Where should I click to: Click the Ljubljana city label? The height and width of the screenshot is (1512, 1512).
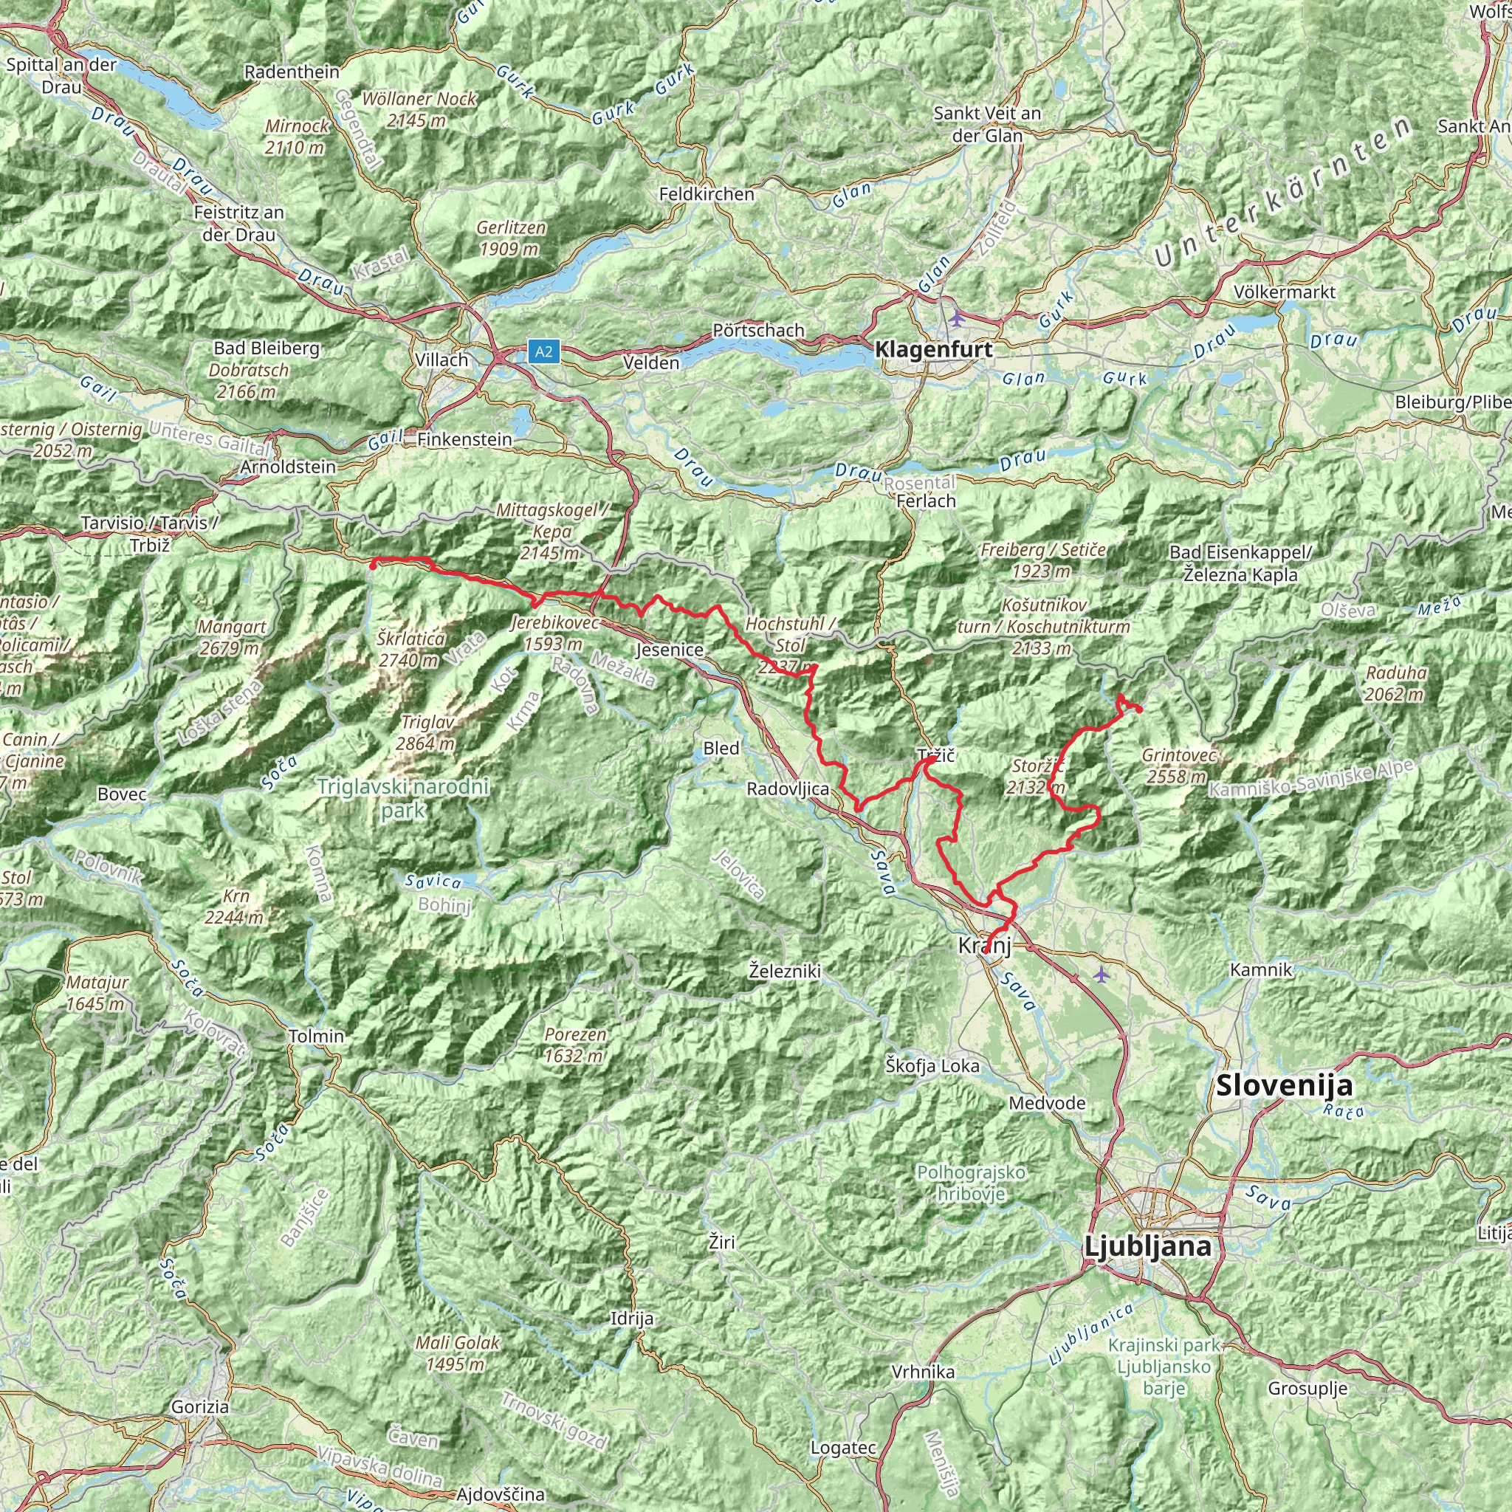click(x=1148, y=1246)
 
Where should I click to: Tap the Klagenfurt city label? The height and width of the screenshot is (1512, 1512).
click(x=933, y=350)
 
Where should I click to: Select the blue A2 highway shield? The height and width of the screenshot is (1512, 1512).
click(x=543, y=351)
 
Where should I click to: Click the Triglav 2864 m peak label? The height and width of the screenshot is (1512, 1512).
click(x=427, y=732)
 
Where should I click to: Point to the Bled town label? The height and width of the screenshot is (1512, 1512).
click(x=721, y=748)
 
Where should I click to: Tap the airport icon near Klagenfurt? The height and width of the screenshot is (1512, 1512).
click(x=956, y=317)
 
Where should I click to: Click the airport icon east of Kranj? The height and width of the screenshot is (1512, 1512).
click(x=1102, y=975)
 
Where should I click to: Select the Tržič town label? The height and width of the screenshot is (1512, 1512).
click(x=936, y=756)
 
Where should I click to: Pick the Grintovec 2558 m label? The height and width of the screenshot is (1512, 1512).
click(x=1178, y=766)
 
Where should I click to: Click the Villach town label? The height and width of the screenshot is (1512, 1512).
click(x=441, y=360)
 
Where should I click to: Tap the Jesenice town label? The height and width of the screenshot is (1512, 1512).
click(x=669, y=650)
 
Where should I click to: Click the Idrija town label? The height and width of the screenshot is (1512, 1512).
click(x=631, y=1318)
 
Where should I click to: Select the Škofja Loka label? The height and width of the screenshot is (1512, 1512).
click(x=932, y=1065)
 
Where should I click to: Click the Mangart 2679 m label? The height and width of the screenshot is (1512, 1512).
click(x=232, y=637)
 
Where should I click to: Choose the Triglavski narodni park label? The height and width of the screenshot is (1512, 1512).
click(x=403, y=798)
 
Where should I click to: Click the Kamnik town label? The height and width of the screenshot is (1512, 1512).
click(x=1261, y=969)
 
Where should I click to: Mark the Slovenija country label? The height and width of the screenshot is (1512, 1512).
click(x=1283, y=1086)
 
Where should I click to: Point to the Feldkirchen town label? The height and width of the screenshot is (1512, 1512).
click(x=707, y=194)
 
